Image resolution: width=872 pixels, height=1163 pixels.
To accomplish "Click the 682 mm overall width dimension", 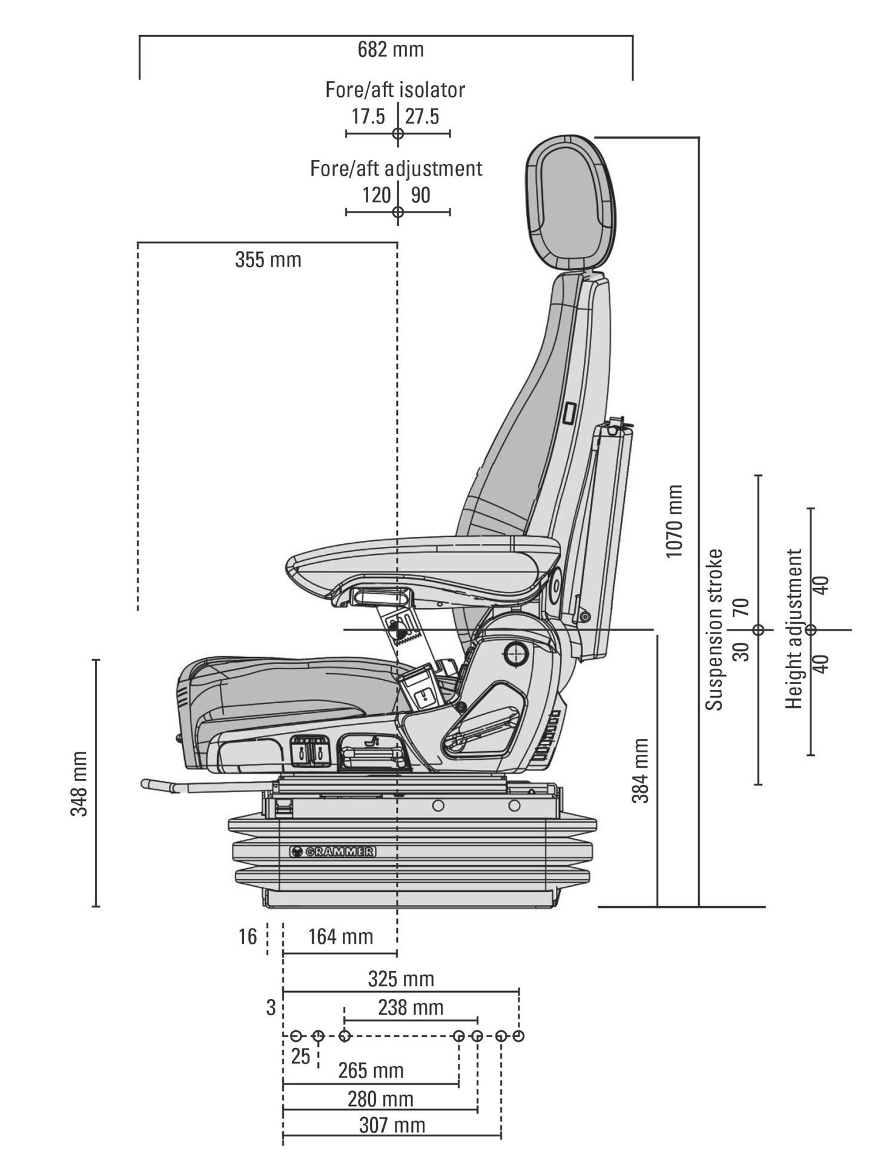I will tap(391, 50).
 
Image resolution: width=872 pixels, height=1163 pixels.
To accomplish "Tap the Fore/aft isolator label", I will tap(395, 90).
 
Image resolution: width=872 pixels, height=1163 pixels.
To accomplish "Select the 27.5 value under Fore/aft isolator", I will tap(422, 116).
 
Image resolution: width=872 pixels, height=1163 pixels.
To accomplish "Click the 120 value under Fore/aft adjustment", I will tap(376, 195).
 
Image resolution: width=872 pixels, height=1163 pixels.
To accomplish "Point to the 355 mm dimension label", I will tap(268, 260).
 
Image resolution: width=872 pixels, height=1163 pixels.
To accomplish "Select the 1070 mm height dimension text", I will tap(673, 521).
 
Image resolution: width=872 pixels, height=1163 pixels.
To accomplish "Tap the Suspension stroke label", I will tap(715, 629).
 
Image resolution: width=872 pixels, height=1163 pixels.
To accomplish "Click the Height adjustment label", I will tap(794, 629).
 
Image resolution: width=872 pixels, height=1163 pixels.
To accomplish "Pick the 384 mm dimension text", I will tap(640, 770).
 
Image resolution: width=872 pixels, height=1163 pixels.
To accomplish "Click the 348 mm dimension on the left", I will tap(80, 783).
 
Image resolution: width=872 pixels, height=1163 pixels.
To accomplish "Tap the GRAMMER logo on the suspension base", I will tap(332, 851).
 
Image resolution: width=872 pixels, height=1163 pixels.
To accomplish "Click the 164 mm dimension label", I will tap(340, 937).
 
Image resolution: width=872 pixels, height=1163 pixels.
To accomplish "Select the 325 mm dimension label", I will tap(401, 979).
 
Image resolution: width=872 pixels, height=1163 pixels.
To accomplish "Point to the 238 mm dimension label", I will tap(411, 1008).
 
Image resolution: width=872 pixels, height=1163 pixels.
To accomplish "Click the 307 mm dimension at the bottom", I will tap(392, 1125).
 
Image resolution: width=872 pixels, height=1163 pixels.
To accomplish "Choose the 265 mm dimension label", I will tap(371, 1070).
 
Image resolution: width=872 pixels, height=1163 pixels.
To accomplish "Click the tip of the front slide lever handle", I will tap(147, 784).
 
